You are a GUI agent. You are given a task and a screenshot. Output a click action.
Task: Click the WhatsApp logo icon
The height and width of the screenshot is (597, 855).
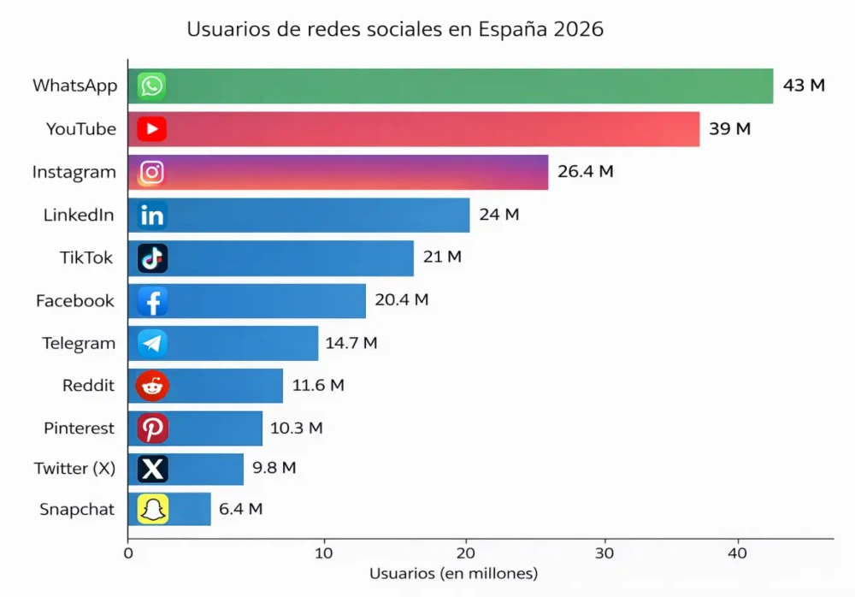[x=152, y=86]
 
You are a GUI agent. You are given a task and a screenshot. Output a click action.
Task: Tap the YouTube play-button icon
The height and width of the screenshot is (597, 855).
[x=152, y=129]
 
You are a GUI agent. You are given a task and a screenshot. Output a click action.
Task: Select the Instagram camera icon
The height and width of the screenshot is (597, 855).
[x=152, y=172]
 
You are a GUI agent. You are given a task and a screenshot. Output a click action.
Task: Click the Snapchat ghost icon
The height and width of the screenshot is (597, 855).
[x=152, y=510]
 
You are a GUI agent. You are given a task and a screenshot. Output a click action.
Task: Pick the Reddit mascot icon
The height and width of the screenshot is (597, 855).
[x=152, y=386]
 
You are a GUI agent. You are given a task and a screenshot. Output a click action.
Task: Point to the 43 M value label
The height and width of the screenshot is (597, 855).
[x=804, y=86]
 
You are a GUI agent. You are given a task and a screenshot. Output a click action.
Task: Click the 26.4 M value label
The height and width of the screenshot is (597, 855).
[x=586, y=171]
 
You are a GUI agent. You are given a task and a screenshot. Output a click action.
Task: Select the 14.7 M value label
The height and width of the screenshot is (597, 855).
[x=351, y=343]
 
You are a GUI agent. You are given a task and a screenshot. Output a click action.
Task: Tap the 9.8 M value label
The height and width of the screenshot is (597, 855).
[x=274, y=468]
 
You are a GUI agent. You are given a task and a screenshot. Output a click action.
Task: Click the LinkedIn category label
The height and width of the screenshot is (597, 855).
[x=79, y=215]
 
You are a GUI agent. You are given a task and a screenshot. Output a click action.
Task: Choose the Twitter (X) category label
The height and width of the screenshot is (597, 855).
[x=74, y=468]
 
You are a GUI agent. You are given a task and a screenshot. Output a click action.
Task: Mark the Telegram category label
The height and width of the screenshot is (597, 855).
[x=79, y=343]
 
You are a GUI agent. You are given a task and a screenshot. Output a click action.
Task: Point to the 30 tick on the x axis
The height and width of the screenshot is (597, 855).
[x=605, y=553]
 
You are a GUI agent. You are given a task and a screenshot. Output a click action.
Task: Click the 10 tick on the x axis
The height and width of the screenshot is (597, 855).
[x=323, y=553]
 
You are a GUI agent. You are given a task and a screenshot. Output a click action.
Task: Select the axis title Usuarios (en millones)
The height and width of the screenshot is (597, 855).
[x=453, y=573]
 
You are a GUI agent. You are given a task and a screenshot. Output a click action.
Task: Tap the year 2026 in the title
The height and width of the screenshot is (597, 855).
[x=579, y=29]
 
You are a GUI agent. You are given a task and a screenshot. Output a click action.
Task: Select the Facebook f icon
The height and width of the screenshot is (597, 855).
[x=152, y=301]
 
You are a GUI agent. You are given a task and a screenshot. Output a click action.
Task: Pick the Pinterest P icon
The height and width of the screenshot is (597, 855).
[x=152, y=428]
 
